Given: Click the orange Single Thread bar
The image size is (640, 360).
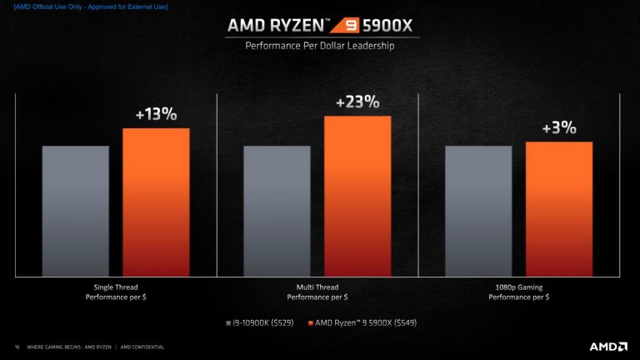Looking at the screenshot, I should pos(156,202).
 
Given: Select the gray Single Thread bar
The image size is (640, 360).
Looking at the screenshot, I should pos(76,211).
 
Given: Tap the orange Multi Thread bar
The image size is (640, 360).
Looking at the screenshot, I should pos(357,196).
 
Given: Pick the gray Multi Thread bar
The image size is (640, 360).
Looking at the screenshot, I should pos(277,211).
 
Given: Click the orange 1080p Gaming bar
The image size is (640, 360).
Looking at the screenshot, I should pos(559,208).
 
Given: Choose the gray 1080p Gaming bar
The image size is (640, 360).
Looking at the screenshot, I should pos(478,211).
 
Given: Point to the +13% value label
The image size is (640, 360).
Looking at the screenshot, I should pos(156,114).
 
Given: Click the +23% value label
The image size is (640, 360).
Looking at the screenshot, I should pos(357,102).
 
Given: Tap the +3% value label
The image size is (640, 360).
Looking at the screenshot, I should pos(559,128).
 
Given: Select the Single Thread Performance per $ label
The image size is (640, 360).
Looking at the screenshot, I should pos(116,292).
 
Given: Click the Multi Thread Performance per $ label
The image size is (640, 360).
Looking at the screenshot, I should pos(317,292).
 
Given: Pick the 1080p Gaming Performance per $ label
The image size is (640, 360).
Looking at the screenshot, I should pos(518,292).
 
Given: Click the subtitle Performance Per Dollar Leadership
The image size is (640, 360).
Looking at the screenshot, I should pos(320,47).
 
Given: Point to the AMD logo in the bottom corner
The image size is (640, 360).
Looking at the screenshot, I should pos(608,346).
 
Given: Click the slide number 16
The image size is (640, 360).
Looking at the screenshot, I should pos(17,347).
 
